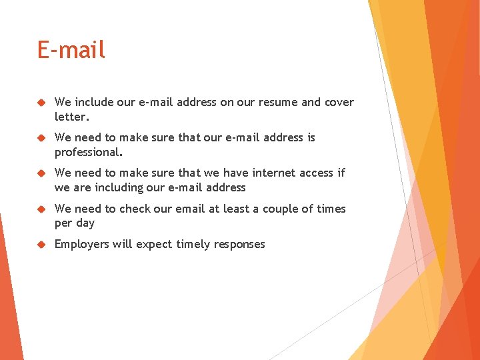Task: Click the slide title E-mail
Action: pyautogui.click(x=71, y=50)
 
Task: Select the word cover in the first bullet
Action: pyautogui.click(x=339, y=102)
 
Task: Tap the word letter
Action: pyautogui.click(x=71, y=117)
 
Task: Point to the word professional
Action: pyautogui.click(x=89, y=152)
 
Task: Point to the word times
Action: pyautogui.click(x=331, y=209)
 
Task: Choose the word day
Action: pyautogui.click(x=85, y=223)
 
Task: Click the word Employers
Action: pyautogui.click(x=81, y=244)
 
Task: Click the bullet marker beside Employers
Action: pyautogui.click(x=41, y=244)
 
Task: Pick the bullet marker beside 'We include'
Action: pyautogui.click(x=41, y=102)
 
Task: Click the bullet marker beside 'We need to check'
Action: pyautogui.click(x=41, y=209)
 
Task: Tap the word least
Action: pyautogui.click(x=237, y=209)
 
